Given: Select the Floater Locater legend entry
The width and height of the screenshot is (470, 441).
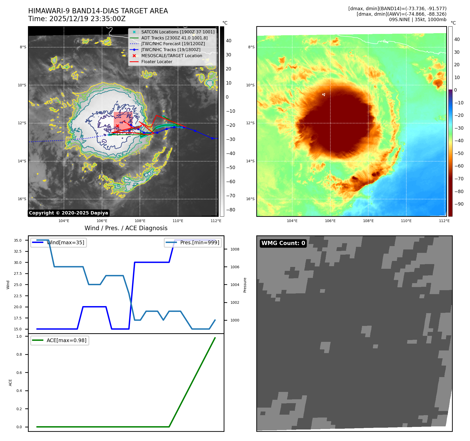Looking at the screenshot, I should coord(157,62).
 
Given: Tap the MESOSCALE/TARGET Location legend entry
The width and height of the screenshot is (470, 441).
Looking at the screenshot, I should coord(171,56).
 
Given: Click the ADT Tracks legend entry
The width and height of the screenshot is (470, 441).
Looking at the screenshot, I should coord(174,38).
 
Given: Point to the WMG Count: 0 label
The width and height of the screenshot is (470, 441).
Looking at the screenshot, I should coord(283,243).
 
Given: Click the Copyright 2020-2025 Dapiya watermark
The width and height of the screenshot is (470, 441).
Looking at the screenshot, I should coord(68,213).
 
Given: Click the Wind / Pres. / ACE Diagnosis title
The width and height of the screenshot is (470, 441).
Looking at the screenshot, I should coord(126,228).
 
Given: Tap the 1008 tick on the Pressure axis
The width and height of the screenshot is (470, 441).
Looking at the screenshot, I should coord(235,249).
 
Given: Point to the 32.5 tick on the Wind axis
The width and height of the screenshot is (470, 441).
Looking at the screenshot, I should coord(18,251).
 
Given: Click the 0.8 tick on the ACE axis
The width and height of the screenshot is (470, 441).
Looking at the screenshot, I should coord(19,354).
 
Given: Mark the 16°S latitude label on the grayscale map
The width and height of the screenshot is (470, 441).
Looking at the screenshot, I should coord(22,199).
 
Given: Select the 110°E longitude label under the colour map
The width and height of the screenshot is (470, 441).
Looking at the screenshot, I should coord(406,221).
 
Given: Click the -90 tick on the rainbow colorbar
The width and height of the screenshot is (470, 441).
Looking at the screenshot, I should coord(459,204).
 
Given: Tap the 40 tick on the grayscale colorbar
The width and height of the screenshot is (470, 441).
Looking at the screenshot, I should coord(229,41).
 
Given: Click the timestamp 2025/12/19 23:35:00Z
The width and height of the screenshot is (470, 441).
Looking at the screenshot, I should coord(87,19).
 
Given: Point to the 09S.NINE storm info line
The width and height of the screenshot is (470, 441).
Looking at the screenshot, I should coord(418,20).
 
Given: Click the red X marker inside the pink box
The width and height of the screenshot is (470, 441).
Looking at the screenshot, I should coord(117,126).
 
